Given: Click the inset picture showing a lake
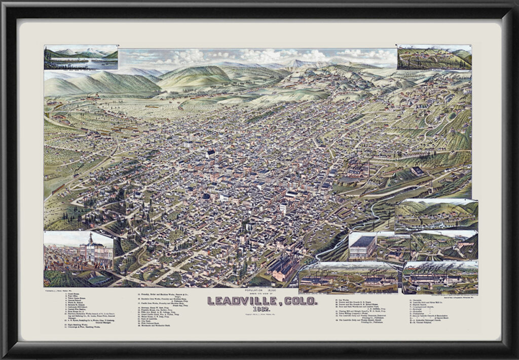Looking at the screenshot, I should pos(81,57).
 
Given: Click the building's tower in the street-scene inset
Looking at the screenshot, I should pos(90,238).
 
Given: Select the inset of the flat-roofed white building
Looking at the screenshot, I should pos(362,246).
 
